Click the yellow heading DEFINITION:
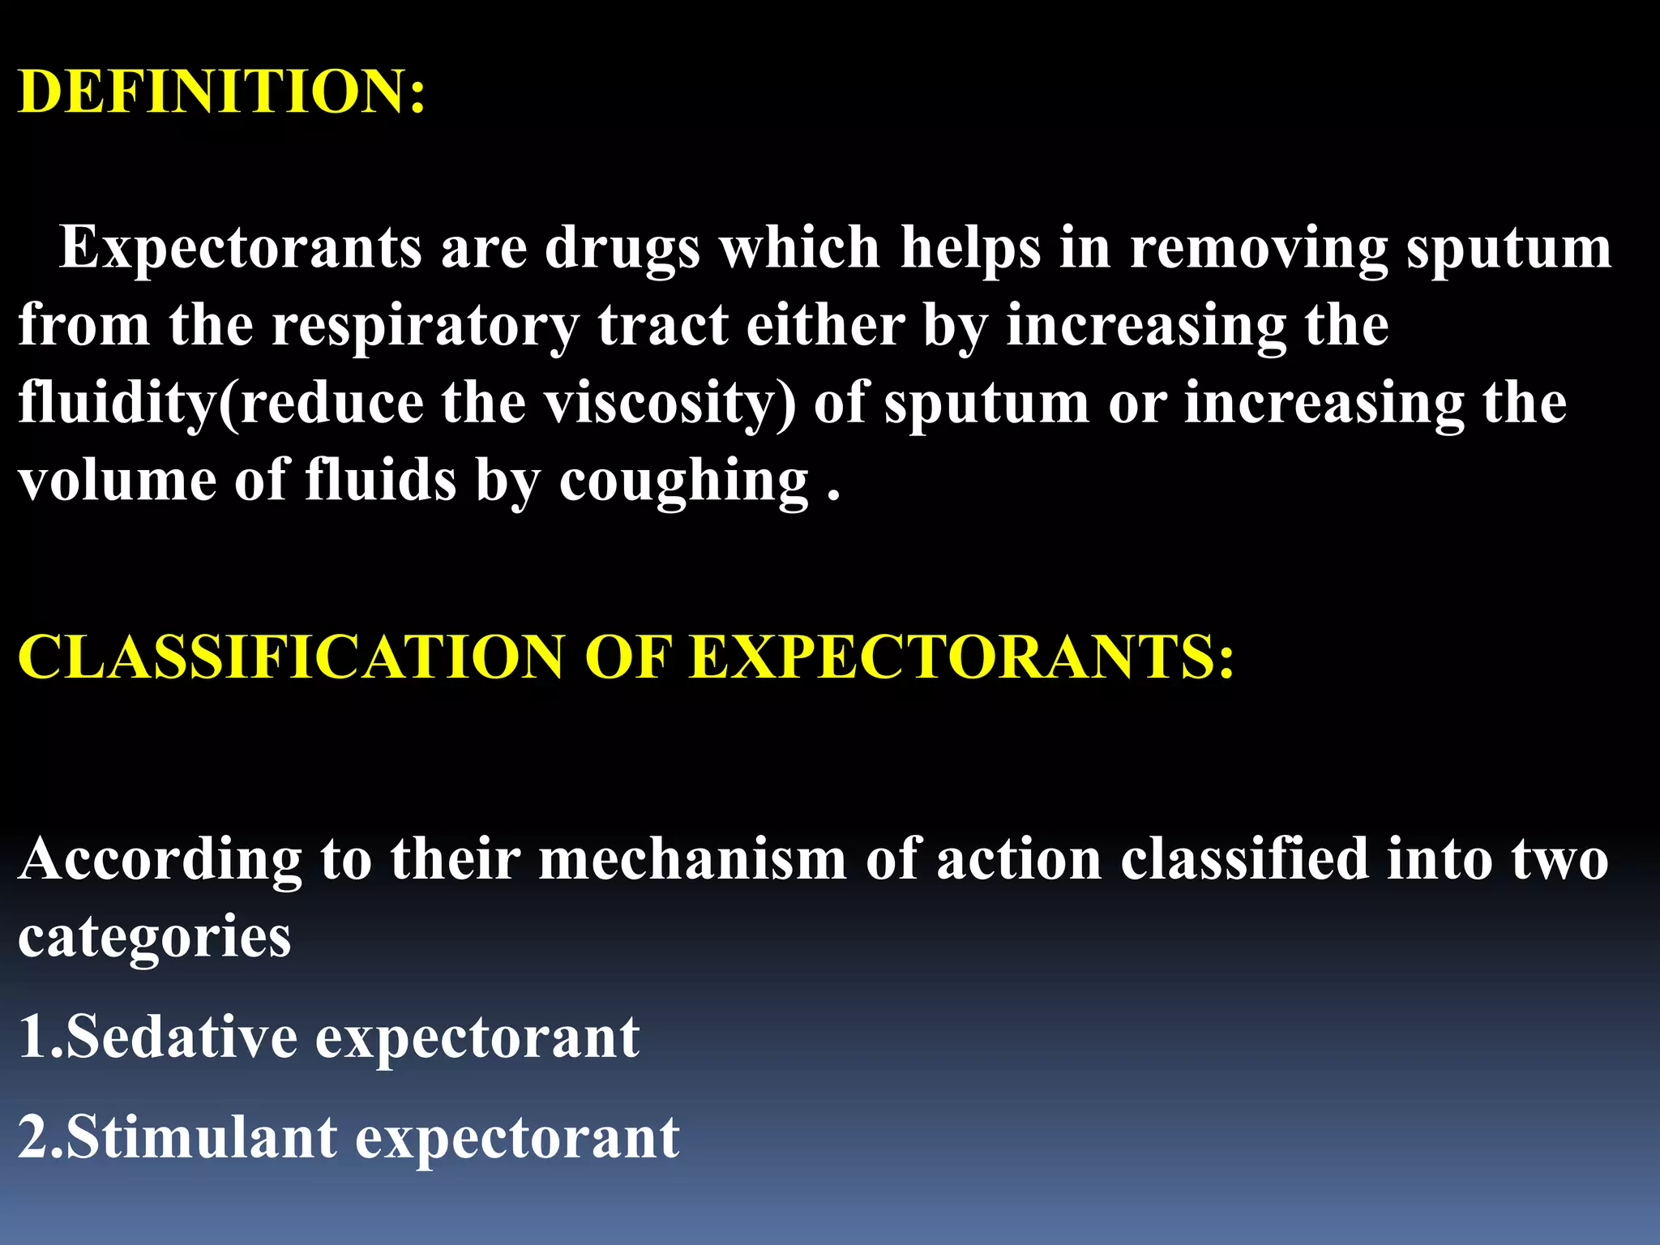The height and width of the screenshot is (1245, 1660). coord(221,91)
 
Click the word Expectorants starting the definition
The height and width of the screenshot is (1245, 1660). coord(241,247)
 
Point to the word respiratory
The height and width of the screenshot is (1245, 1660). coord(425,326)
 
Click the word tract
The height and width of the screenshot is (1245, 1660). coord(662,326)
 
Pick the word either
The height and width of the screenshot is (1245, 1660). coord(825,324)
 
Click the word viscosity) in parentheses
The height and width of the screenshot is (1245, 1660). coord(670,404)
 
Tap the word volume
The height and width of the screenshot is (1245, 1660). coord(117,480)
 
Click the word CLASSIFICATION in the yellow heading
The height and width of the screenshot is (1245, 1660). coord(290,657)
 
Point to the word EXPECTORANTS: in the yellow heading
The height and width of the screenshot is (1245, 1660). coord(961,657)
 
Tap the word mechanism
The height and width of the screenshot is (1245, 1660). coord(692,859)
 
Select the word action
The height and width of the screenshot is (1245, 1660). coord(1019,859)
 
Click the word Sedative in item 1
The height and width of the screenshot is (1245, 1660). coord(181,1037)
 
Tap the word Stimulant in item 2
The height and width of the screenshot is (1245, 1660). coord(201,1137)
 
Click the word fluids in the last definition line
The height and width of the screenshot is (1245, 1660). coord(380,480)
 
